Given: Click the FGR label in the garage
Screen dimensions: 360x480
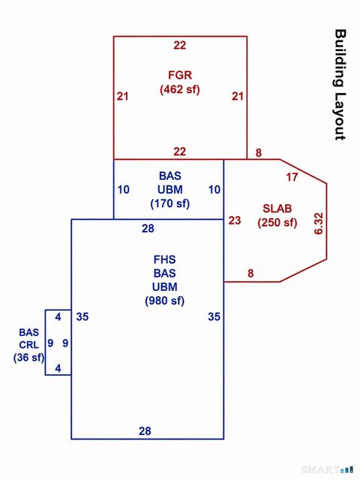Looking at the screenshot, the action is click(x=180, y=75).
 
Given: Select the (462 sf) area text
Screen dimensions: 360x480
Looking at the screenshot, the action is click(x=180, y=90).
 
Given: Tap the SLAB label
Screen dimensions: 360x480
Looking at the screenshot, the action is click(x=277, y=208).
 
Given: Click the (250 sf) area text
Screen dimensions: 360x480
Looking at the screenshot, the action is click(x=277, y=223).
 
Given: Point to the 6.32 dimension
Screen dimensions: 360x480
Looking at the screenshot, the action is click(x=319, y=223).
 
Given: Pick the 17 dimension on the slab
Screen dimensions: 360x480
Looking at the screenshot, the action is click(x=292, y=177).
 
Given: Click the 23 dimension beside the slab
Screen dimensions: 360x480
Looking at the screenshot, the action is click(x=235, y=220).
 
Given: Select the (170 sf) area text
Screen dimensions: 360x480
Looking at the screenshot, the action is click(x=170, y=203).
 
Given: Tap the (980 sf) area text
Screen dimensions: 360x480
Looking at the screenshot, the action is click(x=165, y=301).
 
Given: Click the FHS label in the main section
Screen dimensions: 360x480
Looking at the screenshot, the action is click(x=164, y=259).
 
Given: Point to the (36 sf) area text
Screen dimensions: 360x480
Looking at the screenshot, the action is click(x=28, y=358).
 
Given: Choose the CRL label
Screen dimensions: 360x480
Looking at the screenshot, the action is click(x=28, y=345).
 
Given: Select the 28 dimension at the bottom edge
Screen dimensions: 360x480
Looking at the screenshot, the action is click(x=145, y=431).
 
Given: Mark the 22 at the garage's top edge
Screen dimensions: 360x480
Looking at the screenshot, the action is click(x=180, y=45).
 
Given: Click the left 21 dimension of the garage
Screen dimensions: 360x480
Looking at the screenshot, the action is click(x=122, y=97).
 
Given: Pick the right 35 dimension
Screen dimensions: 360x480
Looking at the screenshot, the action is click(x=214, y=316).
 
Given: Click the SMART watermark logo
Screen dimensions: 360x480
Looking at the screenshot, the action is click(x=327, y=469).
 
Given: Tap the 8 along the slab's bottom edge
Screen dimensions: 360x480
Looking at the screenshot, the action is click(x=250, y=273).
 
